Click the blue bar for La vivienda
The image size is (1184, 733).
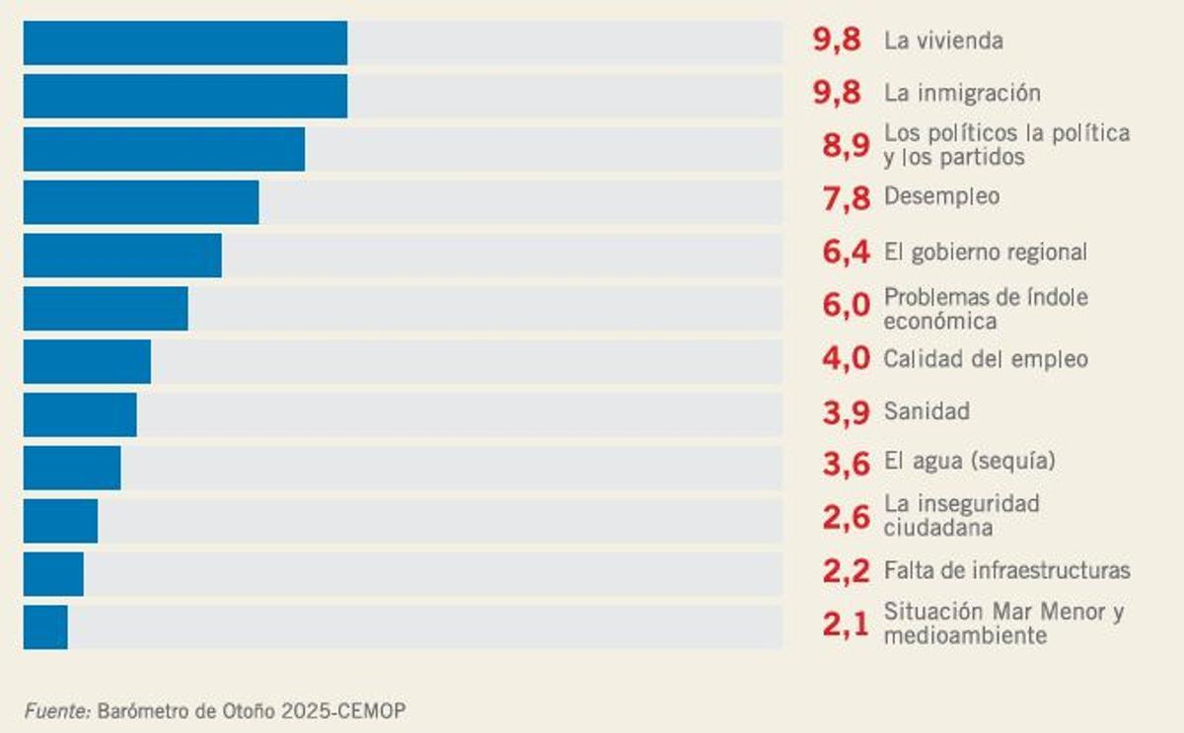click(x=185, y=43)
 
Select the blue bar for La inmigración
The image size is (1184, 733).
click(x=185, y=96)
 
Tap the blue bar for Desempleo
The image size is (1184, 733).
click(x=141, y=202)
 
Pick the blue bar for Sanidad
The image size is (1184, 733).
click(x=80, y=414)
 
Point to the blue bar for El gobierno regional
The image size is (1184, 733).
click(x=122, y=256)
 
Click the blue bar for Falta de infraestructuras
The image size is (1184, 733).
click(x=53, y=574)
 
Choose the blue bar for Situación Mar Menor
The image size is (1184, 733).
click(x=45, y=627)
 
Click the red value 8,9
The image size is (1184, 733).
click(x=846, y=146)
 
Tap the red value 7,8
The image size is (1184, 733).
click(x=846, y=198)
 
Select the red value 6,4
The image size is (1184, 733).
click(x=846, y=253)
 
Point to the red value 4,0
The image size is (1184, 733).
click(x=846, y=359)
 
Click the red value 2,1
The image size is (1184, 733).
click(x=846, y=624)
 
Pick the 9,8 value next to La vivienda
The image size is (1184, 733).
click(x=837, y=40)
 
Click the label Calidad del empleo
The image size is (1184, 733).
click(x=986, y=359)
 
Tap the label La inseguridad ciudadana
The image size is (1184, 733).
click(x=961, y=516)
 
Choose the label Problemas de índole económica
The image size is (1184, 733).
click(x=986, y=309)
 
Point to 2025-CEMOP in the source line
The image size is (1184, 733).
click(x=342, y=711)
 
